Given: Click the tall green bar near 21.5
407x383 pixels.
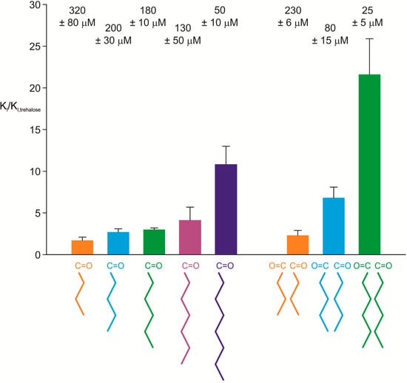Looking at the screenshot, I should (374, 164).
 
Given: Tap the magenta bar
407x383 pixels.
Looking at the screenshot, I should (190, 237).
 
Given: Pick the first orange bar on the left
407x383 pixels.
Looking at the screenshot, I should (82, 247).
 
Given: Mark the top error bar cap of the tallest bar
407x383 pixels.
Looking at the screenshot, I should (374, 38).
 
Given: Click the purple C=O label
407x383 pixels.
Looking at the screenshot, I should (226, 265).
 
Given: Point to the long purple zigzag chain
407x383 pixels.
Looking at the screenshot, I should (226, 325).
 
